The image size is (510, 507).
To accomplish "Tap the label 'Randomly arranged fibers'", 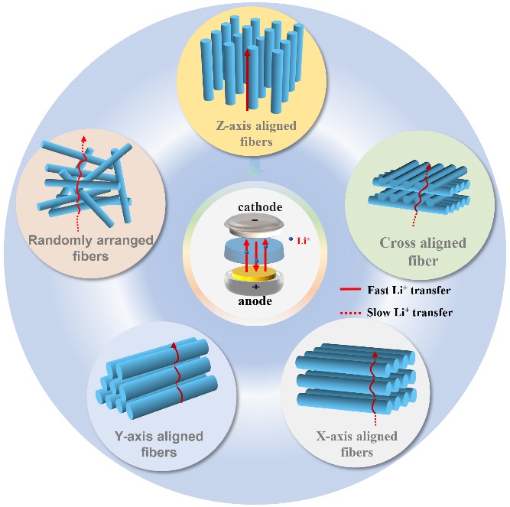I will (x=90, y=248).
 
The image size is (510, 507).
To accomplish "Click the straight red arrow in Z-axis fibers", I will (x=246, y=76).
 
